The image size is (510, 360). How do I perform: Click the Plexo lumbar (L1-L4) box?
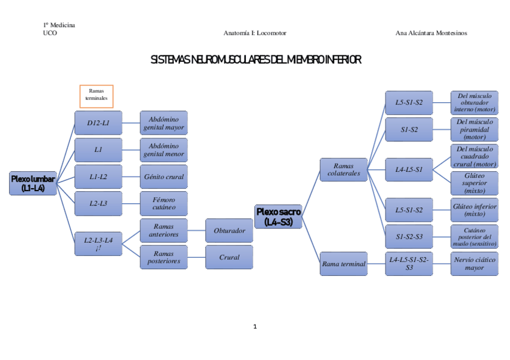34,183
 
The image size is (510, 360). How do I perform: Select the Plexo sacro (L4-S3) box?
278,216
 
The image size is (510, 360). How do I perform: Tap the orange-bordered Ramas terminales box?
96,95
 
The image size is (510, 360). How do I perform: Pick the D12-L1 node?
98,123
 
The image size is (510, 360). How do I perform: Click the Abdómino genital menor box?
164,150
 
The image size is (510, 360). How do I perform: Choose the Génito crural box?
164,177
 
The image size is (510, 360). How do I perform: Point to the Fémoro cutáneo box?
164,203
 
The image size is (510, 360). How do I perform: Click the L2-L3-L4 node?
98,244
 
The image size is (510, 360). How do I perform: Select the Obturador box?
229,230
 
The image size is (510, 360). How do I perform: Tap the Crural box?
229,257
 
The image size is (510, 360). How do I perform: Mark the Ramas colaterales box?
343,169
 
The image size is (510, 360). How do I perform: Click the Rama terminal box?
343,263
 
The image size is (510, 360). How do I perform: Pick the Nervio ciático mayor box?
475,263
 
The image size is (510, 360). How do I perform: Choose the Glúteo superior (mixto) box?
475,183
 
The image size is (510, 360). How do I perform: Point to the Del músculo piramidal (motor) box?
475,129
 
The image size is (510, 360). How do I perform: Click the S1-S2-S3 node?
409,236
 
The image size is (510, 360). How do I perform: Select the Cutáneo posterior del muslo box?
475,236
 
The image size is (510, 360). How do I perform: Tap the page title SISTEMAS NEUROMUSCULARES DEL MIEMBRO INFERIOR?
255,59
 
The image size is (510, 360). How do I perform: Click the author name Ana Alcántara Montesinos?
431,33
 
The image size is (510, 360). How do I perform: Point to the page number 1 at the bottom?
255,326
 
